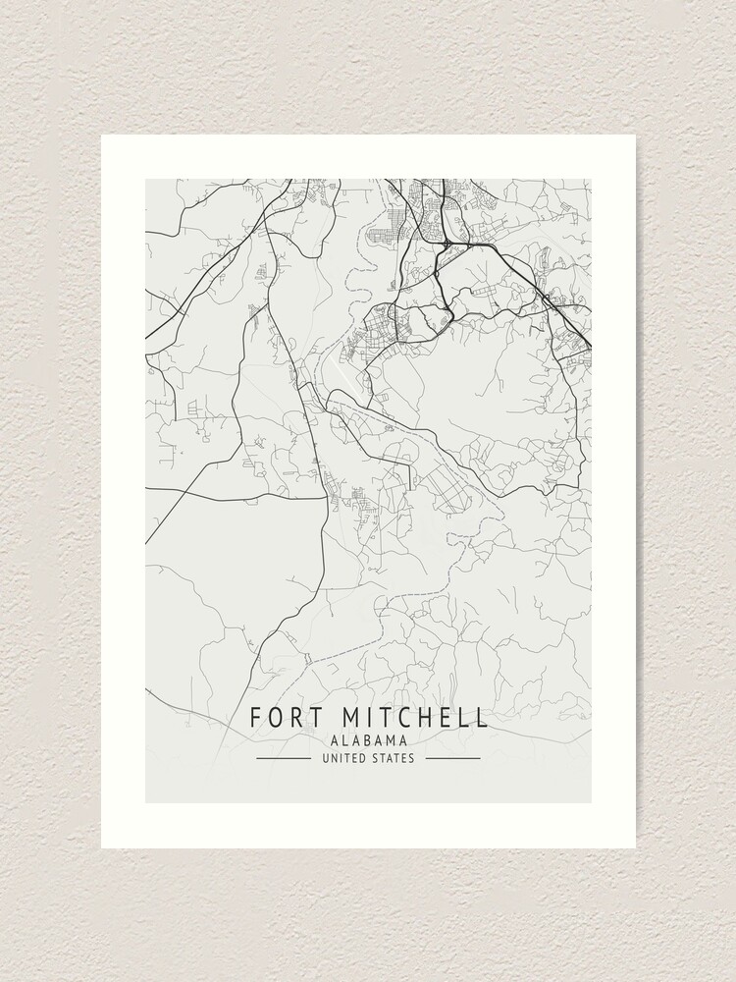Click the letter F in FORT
[x=255, y=717]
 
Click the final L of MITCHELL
[x=481, y=717]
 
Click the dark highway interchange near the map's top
[x=447, y=241]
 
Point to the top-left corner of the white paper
[x=102, y=136]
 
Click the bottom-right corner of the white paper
[x=635, y=847]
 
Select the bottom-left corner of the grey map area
[x=146, y=802]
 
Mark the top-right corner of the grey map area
[x=591, y=180]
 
